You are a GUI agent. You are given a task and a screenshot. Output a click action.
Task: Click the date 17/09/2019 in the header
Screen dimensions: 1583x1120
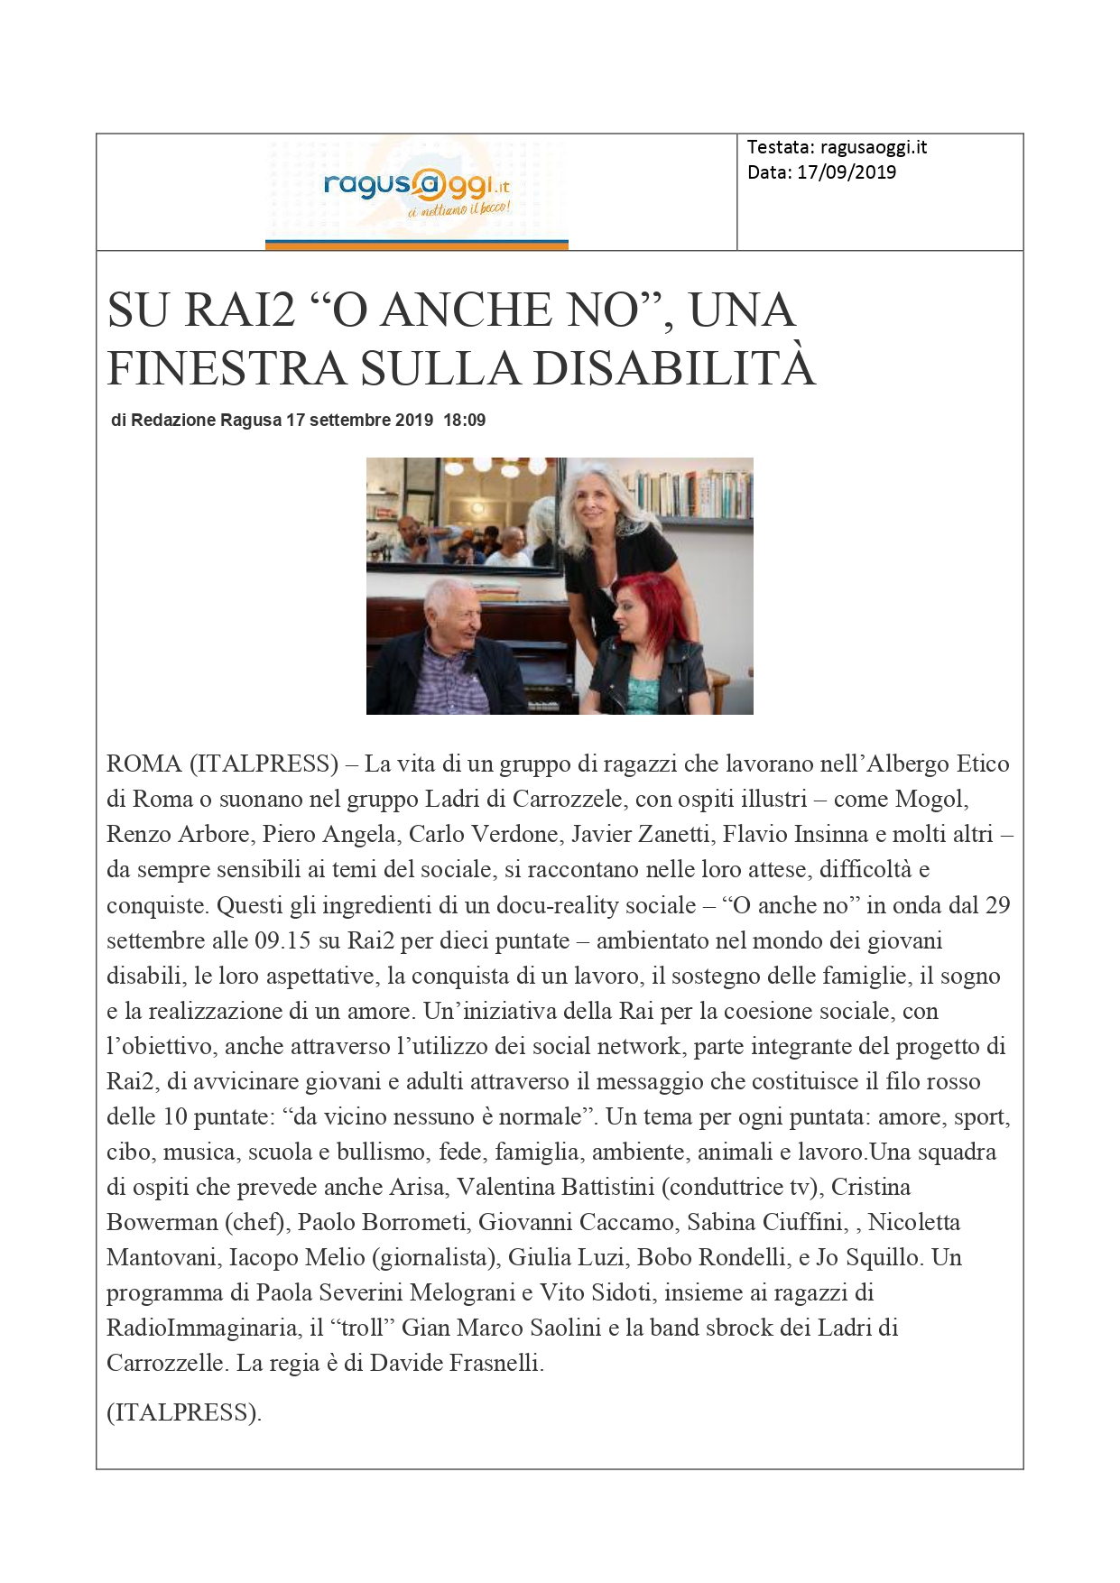tap(847, 172)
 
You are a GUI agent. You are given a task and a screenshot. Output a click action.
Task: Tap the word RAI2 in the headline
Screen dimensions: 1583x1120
tap(240, 310)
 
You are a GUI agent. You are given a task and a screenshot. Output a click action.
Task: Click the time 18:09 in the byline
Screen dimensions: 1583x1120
tap(464, 421)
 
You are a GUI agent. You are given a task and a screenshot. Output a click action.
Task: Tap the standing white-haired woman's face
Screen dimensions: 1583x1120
tap(598, 506)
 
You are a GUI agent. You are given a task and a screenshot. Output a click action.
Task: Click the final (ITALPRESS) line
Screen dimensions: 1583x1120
tap(184, 1412)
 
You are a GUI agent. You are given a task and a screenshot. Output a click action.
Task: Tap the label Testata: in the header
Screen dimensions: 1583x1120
tap(781, 148)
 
